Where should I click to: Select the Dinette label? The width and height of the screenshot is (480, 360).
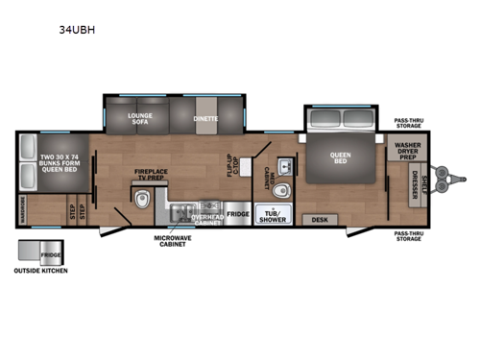(205, 119)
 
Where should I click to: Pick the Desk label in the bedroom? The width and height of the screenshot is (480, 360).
(319, 220)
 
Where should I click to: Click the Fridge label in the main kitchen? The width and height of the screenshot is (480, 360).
(239, 214)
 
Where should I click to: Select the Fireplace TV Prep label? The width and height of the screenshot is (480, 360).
(152, 178)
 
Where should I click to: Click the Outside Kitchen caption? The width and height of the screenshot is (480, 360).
(41, 271)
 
